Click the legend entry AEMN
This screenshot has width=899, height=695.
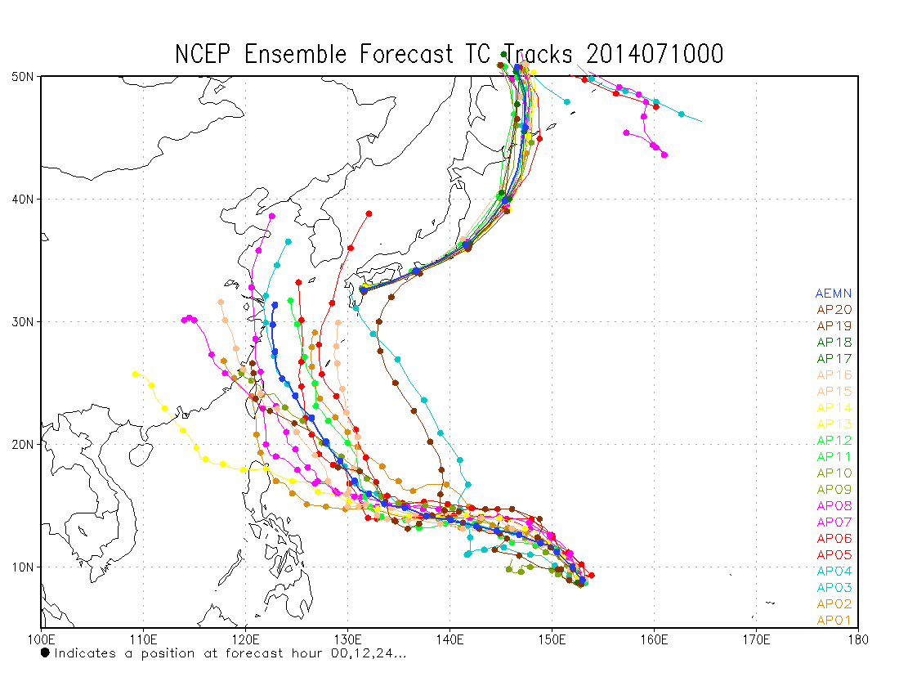[x=834, y=293]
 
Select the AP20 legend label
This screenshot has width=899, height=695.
[x=834, y=309]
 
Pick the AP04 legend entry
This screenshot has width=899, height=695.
[x=834, y=571]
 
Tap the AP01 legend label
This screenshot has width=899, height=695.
[x=834, y=620]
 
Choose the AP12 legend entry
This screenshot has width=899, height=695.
[x=834, y=440]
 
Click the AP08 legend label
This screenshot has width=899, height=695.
[x=834, y=505]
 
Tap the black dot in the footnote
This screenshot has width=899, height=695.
[x=45, y=652]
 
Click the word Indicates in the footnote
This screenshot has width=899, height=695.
[x=85, y=653]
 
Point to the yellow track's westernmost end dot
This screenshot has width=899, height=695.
[x=136, y=374]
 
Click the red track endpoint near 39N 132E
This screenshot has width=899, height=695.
[x=369, y=213]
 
